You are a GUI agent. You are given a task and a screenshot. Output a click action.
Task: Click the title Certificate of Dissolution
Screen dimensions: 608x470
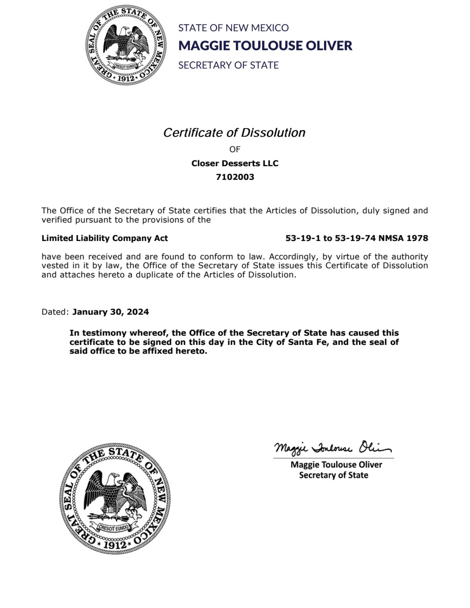pyautogui.click(x=234, y=133)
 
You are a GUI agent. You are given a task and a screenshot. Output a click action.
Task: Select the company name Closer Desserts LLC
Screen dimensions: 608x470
pyautogui.click(x=235, y=163)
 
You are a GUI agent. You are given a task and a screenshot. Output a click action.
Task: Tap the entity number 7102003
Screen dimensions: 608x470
pyautogui.click(x=235, y=177)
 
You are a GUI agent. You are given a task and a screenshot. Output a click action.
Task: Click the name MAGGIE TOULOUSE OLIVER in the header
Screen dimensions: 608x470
pyautogui.click(x=265, y=45)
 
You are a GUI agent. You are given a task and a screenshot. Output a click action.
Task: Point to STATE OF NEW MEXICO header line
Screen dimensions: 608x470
pyautogui.click(x=233, y=28)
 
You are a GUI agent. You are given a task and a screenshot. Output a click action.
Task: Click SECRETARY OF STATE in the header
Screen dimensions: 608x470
pyautogui.click(x=228, y=66)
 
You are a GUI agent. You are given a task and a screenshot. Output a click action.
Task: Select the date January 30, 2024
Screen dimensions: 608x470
pyautogui.click(x=110, y=312)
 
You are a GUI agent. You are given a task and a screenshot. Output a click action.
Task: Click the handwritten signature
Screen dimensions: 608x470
pyautogui.click(x=332, y=448)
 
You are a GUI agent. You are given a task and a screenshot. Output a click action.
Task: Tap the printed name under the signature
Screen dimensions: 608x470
pyautogui.click(x=336, y=465)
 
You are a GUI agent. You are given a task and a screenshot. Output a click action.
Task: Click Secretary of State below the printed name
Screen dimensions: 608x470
pyautogui.click(x=333, y=476)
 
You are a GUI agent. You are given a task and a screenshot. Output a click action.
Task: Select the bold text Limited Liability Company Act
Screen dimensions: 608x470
pyautogui.click(x=104, y=238)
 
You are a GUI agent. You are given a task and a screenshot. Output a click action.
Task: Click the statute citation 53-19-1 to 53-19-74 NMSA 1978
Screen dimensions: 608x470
pyautogui.click(x=357, y=238)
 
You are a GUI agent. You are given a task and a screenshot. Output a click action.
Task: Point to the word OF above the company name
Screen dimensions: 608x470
pyautogui.click(x=235, y=149)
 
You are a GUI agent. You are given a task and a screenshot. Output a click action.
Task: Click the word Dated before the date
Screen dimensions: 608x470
pyautogui.click(x=55, y=312)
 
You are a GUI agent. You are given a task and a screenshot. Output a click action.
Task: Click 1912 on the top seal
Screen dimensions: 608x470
pyautogui.click(x=126, y=78)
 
